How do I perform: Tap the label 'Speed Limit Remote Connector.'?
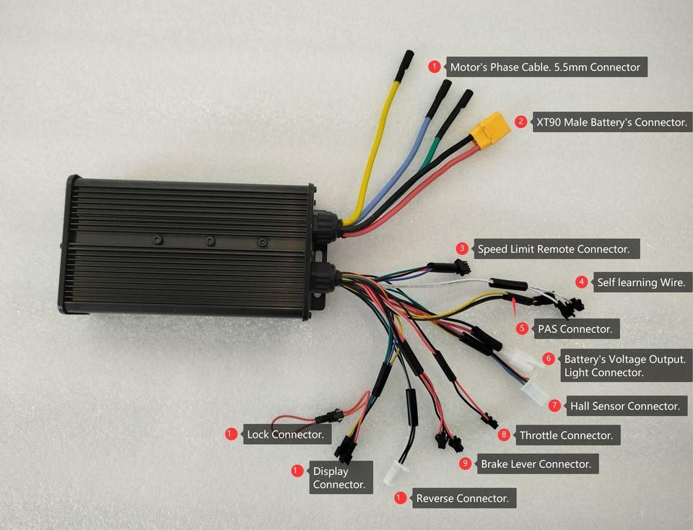click(554, 250)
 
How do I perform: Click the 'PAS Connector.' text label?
click(575, 329)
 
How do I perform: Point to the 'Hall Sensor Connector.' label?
click(624, 406)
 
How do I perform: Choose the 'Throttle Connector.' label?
click(566, 435)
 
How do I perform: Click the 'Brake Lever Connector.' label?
click(536, 464)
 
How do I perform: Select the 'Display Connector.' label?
click(339, 477)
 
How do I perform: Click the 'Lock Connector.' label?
click(287, 435)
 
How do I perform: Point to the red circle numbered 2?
click(520, 121)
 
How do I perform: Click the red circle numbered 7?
click(554, 406)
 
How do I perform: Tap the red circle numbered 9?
click(465, 464)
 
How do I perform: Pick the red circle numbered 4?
click(581, 282)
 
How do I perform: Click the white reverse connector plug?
click(395, 475)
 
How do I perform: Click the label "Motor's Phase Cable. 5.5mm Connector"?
click(545, 67)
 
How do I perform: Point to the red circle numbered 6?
click(549, 358)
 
